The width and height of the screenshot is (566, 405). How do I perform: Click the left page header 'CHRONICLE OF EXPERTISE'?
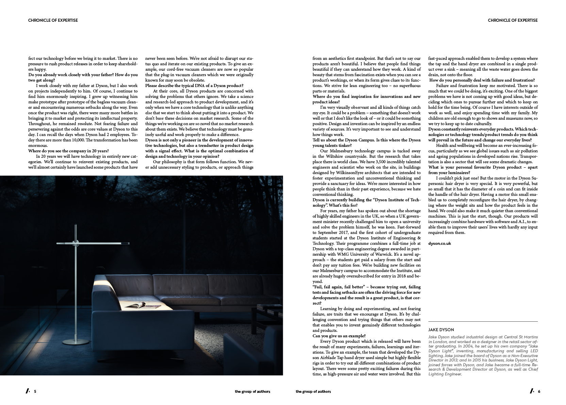53,20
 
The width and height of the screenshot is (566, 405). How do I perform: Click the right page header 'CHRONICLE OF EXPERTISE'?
513,20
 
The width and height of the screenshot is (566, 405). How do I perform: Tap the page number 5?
35,391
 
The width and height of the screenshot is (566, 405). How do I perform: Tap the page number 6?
539,391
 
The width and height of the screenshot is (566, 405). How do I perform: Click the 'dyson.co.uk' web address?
439,243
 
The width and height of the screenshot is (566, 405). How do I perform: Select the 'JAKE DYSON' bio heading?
441,330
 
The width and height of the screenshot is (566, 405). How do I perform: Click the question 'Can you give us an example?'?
339,336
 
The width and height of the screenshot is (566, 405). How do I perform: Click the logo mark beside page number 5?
28,391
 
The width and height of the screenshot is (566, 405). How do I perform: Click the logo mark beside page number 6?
532,391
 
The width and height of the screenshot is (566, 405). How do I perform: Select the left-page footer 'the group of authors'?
252,391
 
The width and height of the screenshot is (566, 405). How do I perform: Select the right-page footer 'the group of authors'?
313,391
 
